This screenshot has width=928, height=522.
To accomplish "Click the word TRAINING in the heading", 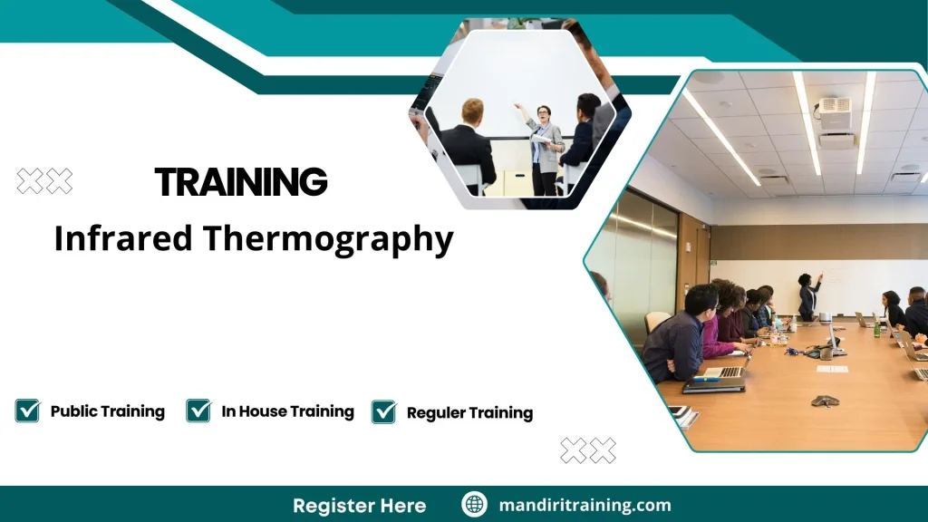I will [241, 182].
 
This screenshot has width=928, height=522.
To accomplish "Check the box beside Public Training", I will [27, 411].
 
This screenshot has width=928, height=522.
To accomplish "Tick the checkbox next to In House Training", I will [198, 411].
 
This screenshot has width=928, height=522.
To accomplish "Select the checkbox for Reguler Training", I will [383, 411].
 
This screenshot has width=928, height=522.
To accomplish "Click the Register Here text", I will [359, 505].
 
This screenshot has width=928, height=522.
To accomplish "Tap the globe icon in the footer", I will [474, 505].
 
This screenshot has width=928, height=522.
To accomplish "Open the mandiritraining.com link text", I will [585, 505].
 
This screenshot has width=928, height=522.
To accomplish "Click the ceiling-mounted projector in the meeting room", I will [836, 118].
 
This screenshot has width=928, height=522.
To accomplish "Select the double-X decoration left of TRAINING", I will [44, 181].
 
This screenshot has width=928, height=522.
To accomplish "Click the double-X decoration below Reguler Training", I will [587, 450].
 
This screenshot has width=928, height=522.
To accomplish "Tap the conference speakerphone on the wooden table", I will [824, 401].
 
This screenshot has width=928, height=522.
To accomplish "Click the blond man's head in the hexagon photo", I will [472, 111].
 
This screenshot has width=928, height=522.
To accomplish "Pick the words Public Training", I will [107, 411].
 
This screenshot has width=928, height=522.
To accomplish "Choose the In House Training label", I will [287, 411].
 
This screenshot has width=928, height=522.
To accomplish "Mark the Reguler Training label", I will [469, 412].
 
